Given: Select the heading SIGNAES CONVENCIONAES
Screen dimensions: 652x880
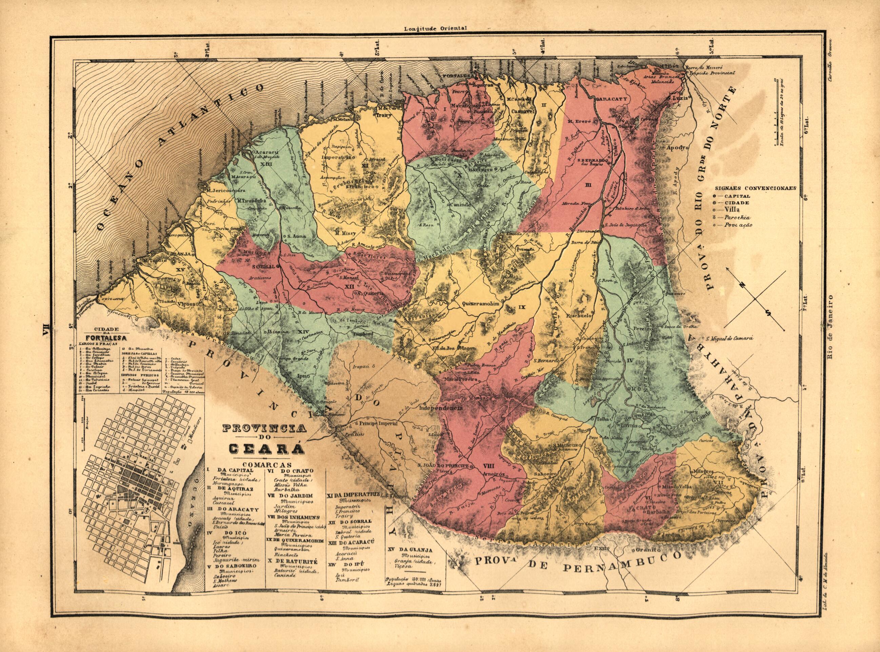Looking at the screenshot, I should [x=755, y=188].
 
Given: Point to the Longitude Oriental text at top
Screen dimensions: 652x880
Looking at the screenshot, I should [x=435, y=28].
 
